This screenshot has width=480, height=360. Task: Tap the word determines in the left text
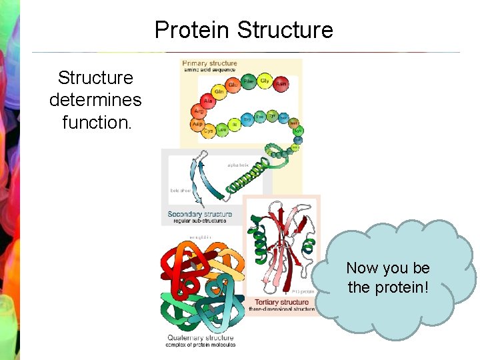click(95, 100)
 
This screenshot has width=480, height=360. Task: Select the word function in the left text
click(94, 122)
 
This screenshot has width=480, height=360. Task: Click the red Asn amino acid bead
click(281, 84)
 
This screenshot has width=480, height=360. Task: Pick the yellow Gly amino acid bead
click(265, 81)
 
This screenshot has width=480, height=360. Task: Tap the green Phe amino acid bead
click(248, 81)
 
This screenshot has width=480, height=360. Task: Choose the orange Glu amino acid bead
click(233, 85)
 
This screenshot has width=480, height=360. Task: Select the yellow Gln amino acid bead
click(219, 91)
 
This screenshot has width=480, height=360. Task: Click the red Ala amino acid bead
click(207, 101)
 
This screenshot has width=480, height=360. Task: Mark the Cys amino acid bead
click(208, 131)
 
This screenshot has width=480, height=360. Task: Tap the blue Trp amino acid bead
click(247, 119)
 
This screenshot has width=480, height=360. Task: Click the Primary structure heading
click(209, 63)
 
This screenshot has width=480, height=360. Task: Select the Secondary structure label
click(200, 214)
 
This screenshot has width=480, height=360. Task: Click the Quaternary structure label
click(201, 338)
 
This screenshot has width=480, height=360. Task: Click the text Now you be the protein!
click(388, 278)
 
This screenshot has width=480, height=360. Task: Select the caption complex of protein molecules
click(201, 345)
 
